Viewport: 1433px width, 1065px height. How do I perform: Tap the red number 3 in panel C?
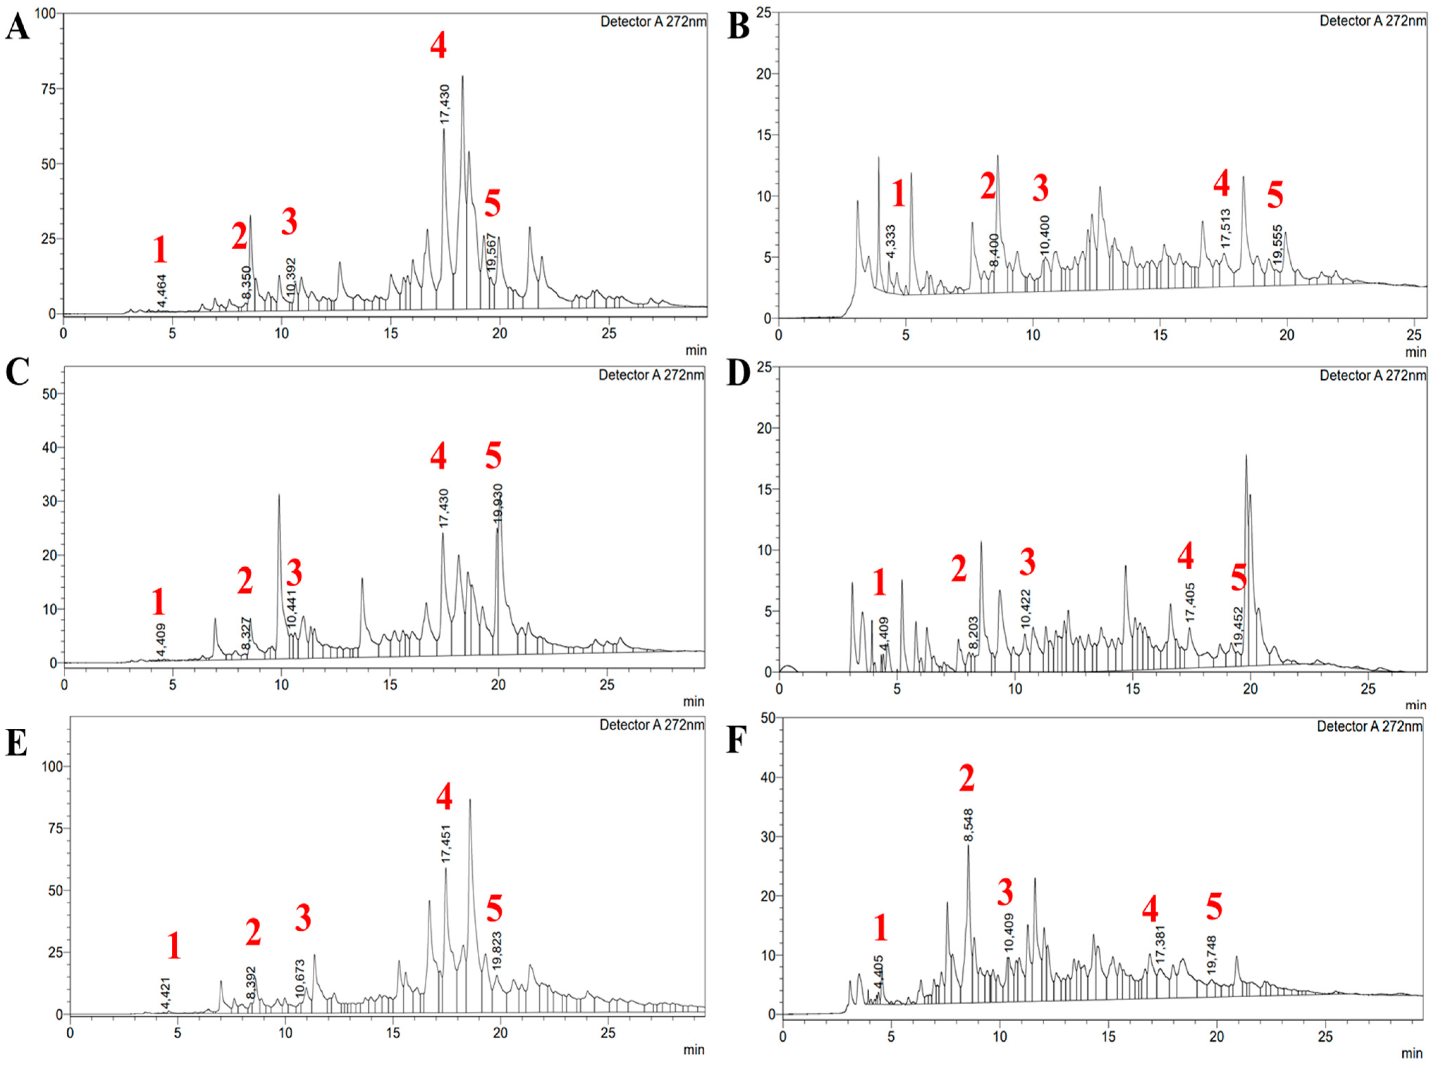(294, 573)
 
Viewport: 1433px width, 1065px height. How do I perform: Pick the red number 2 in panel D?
(959, 569)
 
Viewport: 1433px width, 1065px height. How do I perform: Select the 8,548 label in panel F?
(969, 825)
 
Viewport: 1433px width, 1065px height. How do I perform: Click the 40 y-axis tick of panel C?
(47, 447)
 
